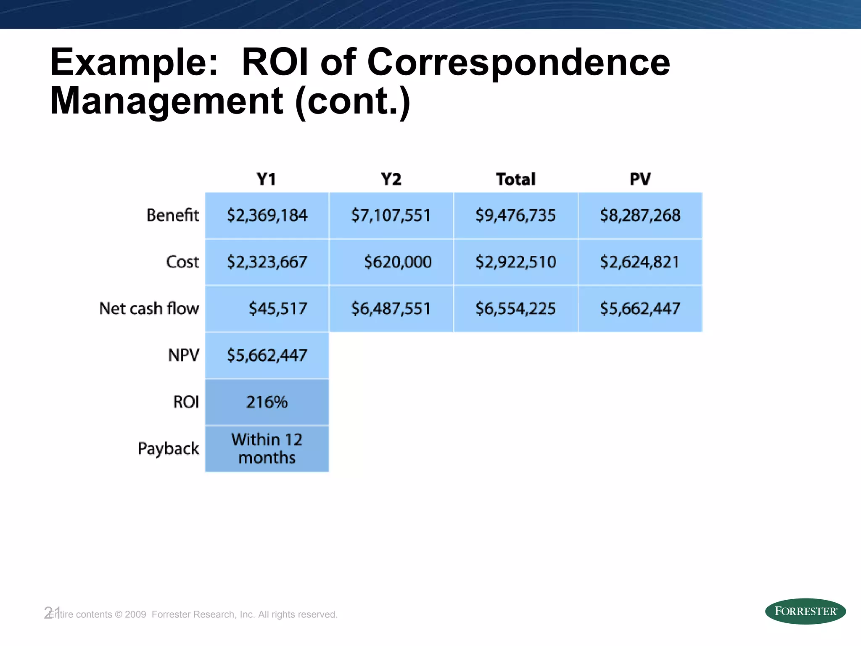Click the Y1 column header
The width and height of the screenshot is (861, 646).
point(267,179)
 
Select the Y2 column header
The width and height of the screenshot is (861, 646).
point(391,179)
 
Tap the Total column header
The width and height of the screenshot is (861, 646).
point(515,179)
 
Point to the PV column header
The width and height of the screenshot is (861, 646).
point(640,179)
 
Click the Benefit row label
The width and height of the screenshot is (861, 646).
point(172,215)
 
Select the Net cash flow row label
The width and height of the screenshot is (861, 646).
point(149,309)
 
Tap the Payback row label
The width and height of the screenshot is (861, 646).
point(168,449)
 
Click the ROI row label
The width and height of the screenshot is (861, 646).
point(186,402)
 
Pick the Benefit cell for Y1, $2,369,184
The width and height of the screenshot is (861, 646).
point(267,215)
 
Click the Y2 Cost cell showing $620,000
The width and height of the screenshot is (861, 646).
point(397,262)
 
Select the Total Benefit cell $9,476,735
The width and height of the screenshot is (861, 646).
point(515,215)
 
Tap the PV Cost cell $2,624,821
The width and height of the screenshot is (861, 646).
point(640,262)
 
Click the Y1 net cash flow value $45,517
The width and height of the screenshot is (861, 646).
point(278,309)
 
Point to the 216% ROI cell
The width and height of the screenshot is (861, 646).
point(267,402)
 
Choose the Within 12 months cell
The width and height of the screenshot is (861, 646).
point(267,449)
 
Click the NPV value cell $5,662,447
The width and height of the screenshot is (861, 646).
point(267,355)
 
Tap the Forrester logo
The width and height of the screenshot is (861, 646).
point(805,611)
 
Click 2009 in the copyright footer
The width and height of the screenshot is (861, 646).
point(135,614)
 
